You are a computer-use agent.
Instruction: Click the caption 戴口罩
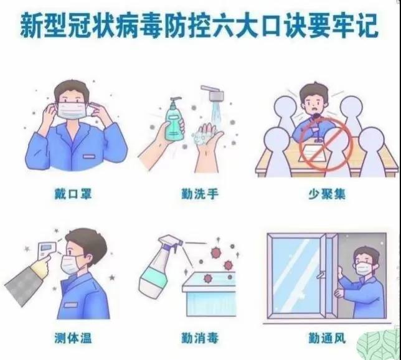(x=72, y=194)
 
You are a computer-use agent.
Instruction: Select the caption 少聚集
(x=326, y=194)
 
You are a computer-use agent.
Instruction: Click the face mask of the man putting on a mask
(x=73, y=111)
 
